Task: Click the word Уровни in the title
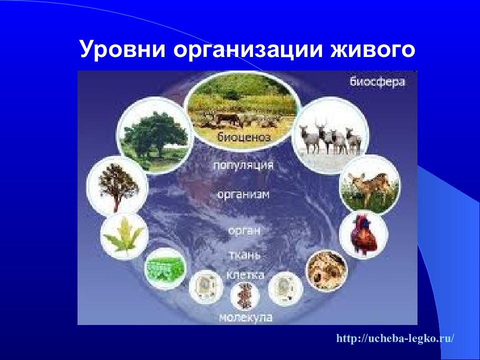click(x=122, y=49)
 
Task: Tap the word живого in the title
click(x=372, y=49)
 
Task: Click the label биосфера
click(x=377, y=81)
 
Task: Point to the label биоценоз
click(x=244, y=136)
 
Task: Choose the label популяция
click(x=243, y=165)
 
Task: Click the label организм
click(x=243, y=194)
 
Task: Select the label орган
click(x=244, y=230)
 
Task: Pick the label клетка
click(x=245, y=274)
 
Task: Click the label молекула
click(x=246, y=317)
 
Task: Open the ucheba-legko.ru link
click(x=395, y=338)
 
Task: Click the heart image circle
click(x=363, y=235)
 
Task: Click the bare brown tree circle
click(x=117, y=186)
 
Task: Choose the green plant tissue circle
click(x=165, y=268)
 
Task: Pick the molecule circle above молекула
click(x=244, y=296)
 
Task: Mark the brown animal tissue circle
click(x=327, y=270)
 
